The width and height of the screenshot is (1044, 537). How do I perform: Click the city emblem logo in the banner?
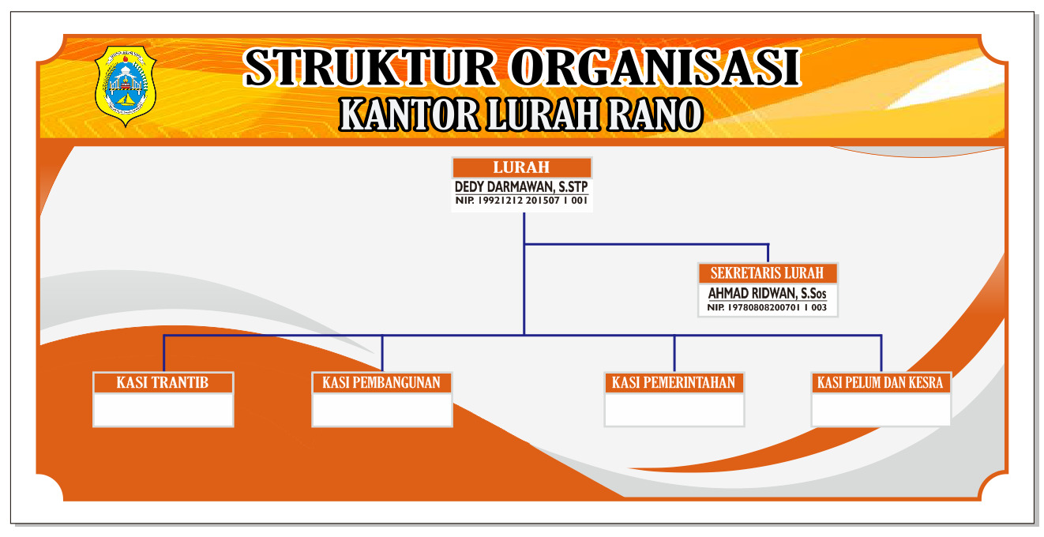pos(126,86)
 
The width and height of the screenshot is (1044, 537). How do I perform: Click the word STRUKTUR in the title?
pos(370,68)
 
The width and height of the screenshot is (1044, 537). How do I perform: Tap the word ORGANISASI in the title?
pos(655,68)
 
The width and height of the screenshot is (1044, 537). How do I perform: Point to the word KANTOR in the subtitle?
pos(409,115)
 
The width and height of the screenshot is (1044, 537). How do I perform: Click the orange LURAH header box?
pos(522,167)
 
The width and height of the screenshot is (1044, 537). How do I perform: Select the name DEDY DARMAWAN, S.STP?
pos(521,187)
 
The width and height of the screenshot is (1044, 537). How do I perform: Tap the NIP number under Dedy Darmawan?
pos(521,201)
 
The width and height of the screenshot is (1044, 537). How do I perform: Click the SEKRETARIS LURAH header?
pos(768,273)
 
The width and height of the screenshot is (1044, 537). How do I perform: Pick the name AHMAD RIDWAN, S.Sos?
pos(767,294)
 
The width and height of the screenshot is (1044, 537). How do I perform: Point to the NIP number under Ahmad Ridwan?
pos(767,308)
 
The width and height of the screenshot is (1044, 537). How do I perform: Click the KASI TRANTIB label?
pos(163,383)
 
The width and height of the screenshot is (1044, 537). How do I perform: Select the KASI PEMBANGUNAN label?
pos(381,383)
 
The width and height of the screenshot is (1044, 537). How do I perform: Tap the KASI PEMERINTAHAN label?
pos(674,383)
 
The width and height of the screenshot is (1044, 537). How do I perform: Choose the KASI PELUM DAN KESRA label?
pos(881,383)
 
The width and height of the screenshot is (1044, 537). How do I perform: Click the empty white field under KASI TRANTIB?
pos(163,409)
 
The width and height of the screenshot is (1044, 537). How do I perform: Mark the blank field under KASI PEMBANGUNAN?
pos(382,409)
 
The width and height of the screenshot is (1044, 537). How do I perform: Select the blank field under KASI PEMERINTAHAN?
pos(674,409)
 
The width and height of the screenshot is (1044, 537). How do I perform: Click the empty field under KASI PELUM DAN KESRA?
pos(881,409)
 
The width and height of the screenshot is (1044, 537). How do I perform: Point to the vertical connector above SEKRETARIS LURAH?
pos(768,253)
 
